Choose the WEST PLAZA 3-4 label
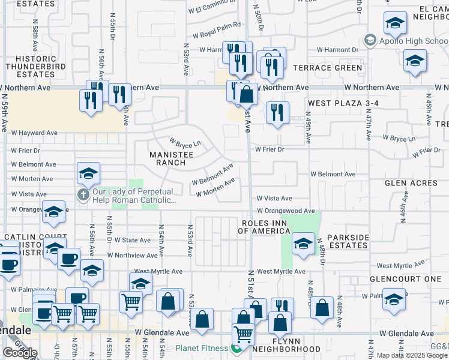tap(343, 103)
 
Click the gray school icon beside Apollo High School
tap(370, 41)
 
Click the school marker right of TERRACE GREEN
tap(415, 61)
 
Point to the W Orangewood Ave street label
tap(286, 211)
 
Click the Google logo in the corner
tap(19, 353)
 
